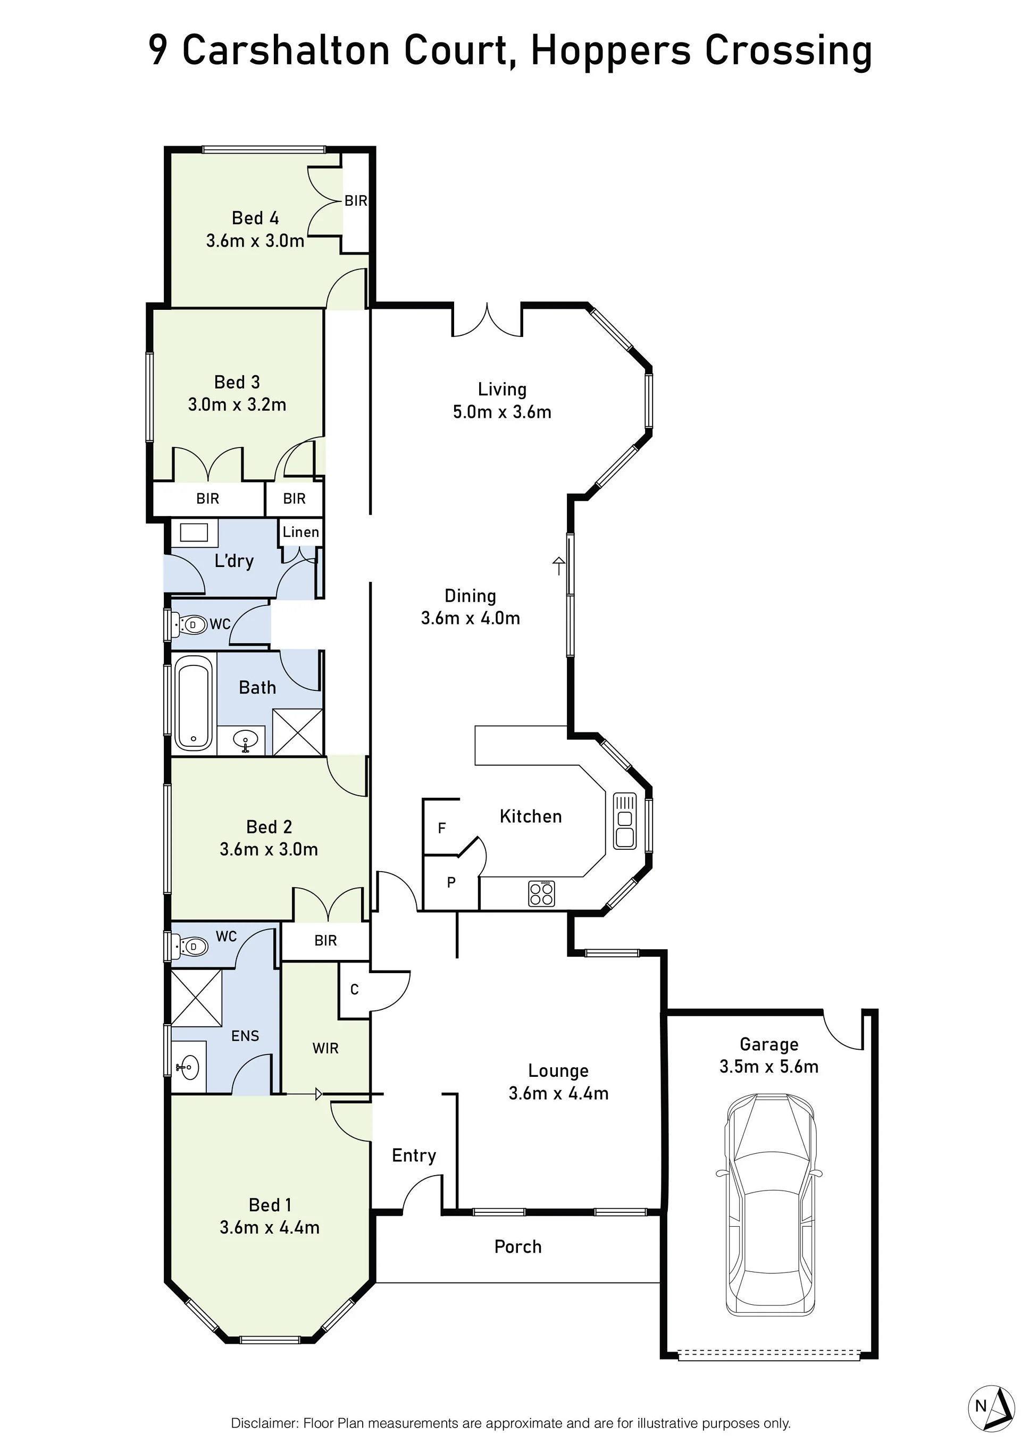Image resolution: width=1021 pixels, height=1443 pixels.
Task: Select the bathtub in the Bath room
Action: (x=193, y=703)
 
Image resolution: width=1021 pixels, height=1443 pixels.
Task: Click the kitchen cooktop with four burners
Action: (x=541, y=894)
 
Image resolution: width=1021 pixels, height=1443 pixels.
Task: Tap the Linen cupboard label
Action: (x=300, y=533)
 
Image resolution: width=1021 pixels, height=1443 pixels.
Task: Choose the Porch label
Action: (x=517, y=1247)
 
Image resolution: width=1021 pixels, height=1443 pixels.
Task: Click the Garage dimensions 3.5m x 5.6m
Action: (x=769, y=1067)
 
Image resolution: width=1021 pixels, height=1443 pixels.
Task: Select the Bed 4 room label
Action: (x=255, y=218)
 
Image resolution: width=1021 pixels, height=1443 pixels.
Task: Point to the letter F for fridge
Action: (x=441, y=829)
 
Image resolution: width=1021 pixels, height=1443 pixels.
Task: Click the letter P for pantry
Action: (x=451, y=882)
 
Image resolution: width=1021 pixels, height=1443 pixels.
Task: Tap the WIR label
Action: (x=325, y=1048)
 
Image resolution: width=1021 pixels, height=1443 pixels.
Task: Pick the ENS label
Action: (x=245, y=1036)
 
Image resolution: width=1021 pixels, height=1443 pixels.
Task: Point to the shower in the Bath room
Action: (x=297, y=732)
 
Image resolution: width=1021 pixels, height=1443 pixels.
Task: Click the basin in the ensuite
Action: (x=187, y=1067)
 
